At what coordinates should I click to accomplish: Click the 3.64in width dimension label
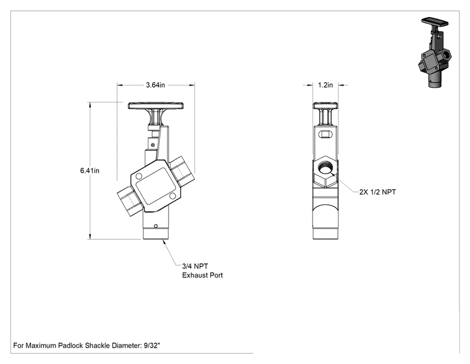click(155, 85)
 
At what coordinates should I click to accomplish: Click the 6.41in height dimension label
click(90, 170)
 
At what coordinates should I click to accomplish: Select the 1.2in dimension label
click(325, 85)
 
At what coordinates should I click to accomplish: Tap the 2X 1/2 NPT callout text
click(378, 192)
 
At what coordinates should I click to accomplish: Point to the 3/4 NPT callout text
click(195, 266)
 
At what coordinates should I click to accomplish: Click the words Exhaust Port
click(202, 275)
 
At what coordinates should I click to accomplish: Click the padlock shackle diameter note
click(87, 346)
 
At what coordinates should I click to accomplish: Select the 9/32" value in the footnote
click(152, 346)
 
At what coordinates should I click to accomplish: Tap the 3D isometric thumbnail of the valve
click(435, 53)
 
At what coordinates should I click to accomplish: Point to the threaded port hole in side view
click(325, 168)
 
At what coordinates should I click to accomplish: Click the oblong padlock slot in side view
click(325, 134)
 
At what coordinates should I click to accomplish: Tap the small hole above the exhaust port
click(155, 226)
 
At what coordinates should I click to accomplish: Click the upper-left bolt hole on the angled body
click(139, 177)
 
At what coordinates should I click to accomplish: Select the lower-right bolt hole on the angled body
click(172, 196)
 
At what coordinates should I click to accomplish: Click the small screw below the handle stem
click(153, 145)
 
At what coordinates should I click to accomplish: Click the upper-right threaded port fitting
click(182, 170)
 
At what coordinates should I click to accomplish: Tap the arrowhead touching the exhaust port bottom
click(164, 242)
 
